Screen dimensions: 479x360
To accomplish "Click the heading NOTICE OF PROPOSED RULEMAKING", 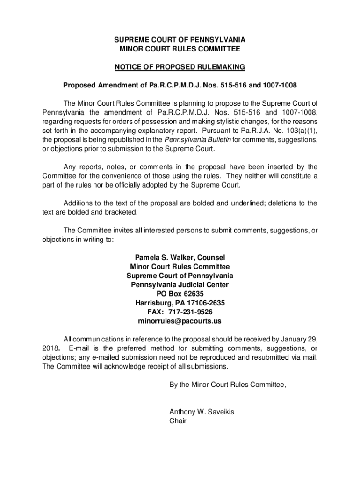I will (x=180, y=68).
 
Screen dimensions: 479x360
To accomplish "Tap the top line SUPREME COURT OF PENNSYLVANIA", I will (x=180, y=39).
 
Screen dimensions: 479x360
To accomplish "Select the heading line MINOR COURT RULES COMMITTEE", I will (x=180, y=49).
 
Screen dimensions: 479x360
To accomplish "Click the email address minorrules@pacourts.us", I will (x=180, y=321).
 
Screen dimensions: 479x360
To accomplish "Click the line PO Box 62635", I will (x=180, y=294).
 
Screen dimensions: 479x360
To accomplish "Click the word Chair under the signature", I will (x=178, y=421).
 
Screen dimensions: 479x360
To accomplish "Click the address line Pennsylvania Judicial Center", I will (x=180, y=285).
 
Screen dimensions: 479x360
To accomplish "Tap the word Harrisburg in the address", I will (x=154, y=303).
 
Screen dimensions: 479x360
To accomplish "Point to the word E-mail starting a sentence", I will (x=78, y=348).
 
